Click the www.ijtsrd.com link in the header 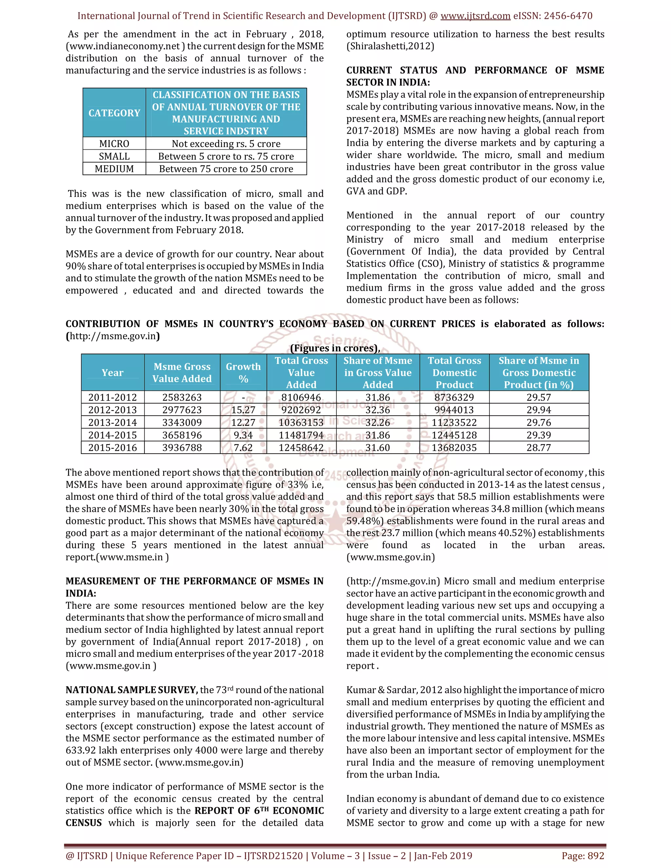click(x=475, y=16)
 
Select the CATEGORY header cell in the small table click(x=114, y=113)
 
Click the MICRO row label click(x=114, y=143)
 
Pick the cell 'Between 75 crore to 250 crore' click(x=226, y=169)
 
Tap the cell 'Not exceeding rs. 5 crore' click(x=226, y=143)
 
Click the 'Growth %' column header click(x=243, y=372)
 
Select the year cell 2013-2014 click(x=112, y=423)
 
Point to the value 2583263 click(x=182, y=397)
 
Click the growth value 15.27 click(x=243, y=410)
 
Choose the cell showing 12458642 click(x=301, y=447)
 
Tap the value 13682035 click(x=454, y=447)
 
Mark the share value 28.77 click(x=539, y=447)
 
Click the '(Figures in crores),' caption click(x=335, y=348)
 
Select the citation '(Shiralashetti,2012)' click(x=390, y=46)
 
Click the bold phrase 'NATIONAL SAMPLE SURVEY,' click(x=132, y=689)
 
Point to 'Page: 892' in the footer click(x=583, y=856)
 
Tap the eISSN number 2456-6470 click(x=568, y=16)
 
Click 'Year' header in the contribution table click(x=112, y=372)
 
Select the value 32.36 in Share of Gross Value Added click(x=378, y=410)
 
